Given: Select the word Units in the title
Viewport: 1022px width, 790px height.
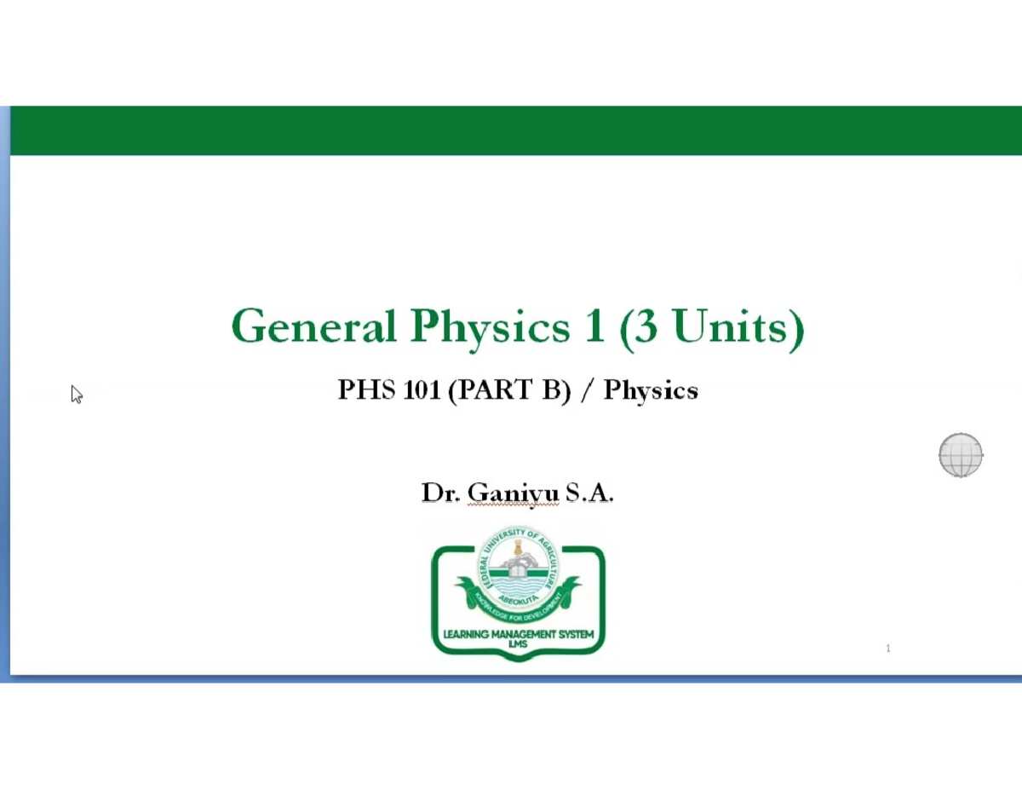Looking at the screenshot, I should click(732, 326).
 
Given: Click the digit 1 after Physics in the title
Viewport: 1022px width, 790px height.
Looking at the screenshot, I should click(594, 326).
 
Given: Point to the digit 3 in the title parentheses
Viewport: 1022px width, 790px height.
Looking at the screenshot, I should click(645, 326).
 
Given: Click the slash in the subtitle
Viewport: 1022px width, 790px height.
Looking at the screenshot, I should click(587, 390).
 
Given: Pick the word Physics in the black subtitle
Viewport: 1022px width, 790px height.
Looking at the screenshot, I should click(651, 391).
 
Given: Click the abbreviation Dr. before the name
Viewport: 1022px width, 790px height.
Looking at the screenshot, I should click(440, 493).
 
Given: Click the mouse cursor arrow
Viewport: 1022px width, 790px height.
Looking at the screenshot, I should click(77, 394).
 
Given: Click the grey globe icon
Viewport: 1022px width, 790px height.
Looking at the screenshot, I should click(961, 455).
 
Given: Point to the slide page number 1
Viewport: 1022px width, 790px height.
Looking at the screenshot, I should click(888, 649).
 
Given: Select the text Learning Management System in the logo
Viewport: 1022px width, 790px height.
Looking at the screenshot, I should click(518, 635).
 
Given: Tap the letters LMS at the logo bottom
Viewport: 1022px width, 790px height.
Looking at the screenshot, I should click(518, 645).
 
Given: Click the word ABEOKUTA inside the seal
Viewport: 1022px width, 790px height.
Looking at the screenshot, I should click(519, 597).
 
